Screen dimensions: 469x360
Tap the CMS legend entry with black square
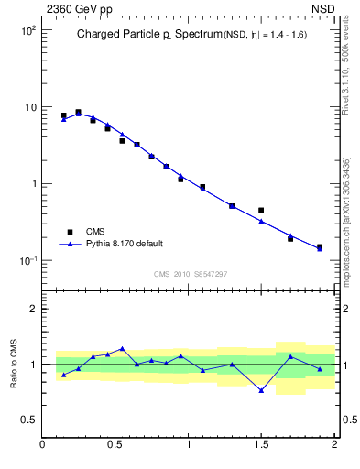click(x=94, y=232)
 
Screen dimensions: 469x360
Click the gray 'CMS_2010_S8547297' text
click(x=190, y=274)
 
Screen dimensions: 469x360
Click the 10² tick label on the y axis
click(x=27, y=30)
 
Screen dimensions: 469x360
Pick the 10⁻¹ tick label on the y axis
click(x=27, y=261)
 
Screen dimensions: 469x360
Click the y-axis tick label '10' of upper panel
click(x=29, y=107)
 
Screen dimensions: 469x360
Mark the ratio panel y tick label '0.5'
click(x=28, y=420)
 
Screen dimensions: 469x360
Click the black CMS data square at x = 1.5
click(x=261, y=210)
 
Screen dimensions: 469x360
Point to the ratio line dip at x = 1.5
click(x=261, y=390)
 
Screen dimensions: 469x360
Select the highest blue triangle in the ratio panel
click(x=122, y=349)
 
